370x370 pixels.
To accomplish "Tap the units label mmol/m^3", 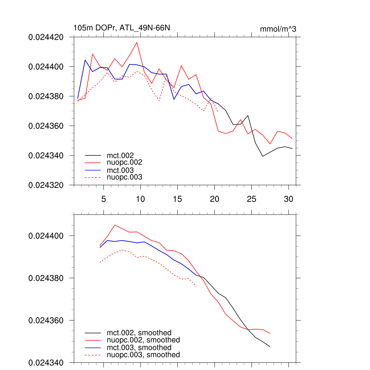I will coord(278,29).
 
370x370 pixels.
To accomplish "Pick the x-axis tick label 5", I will coord(104,199).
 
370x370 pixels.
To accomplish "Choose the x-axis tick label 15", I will coord(177,199).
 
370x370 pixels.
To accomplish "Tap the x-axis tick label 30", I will coord(288,199).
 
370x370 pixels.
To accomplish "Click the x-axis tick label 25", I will coord(251,199).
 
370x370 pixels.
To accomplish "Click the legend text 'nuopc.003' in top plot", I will coord(124,177).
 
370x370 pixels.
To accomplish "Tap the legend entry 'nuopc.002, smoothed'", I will coord(143,340).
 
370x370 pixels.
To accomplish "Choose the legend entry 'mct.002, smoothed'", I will coord(139,333).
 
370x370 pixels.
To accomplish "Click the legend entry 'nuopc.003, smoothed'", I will coord(143,355).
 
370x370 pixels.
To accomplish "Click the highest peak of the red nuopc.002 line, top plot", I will coord(137,42).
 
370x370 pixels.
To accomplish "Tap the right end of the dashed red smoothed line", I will coord(196,286).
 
